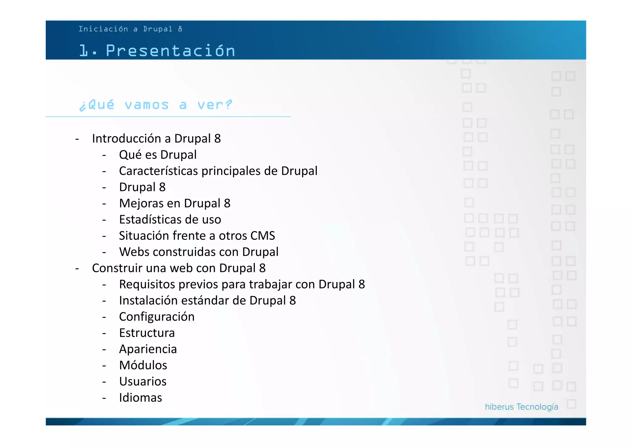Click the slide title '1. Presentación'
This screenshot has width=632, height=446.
pyautogui.click(x=157, y=51)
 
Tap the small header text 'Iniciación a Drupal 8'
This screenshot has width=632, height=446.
pyautogui.click(x=130, y=29)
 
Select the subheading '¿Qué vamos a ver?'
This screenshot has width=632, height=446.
pyautogui.click(x=156, y=105)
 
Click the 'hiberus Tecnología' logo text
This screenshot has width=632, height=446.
pyautogui.click(x=521, y=407)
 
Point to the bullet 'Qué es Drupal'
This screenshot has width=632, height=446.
pyautogui.click(x=158, y=155)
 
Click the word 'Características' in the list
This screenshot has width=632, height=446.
pyautogui.click(x=158, y=171)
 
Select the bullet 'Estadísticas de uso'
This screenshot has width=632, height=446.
pyautogui.click(x=170, y=219)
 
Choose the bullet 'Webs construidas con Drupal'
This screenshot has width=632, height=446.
pyautogui.click(x=199, y=252)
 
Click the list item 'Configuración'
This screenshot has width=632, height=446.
pyautogui.click(x=157, y=317)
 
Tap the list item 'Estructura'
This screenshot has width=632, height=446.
pyautogui.click(x=147, y=333)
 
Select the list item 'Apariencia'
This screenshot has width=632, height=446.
pyautogui.click(x=148, y=349)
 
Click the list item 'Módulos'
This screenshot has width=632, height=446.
pyautogui.click(x=143, y=365)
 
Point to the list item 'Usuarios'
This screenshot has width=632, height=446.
pyautogui.click(x=143, y=382)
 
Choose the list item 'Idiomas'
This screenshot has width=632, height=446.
pyautogui.click(x=140, y=398)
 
